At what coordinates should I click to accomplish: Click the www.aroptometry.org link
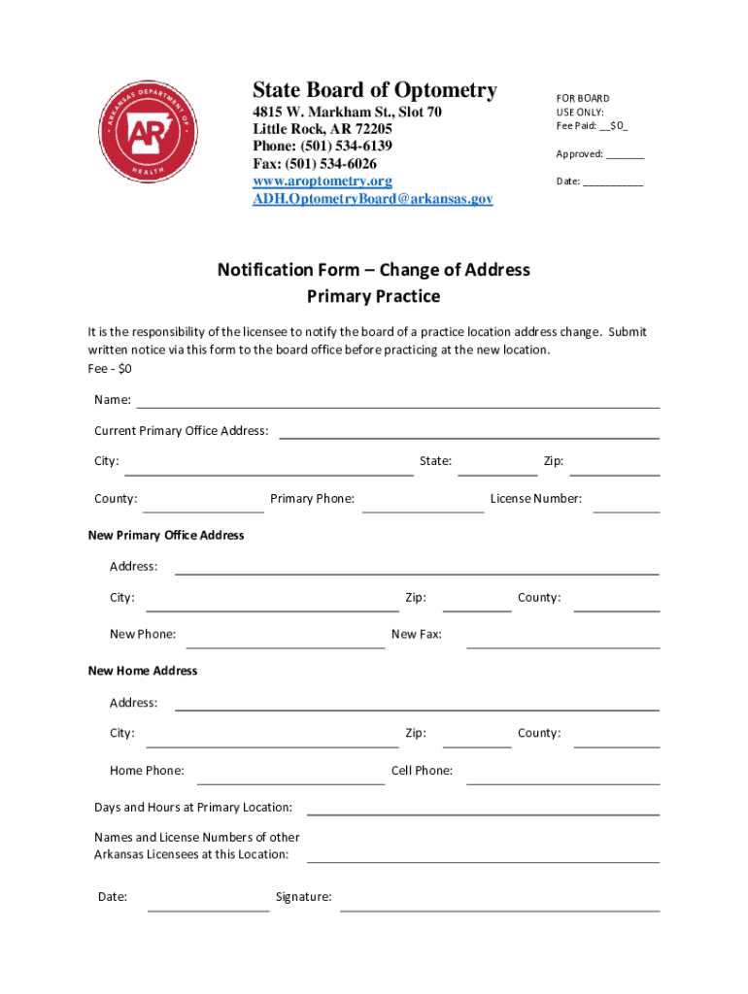click(323, 182)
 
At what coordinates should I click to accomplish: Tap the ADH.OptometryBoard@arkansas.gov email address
click(372, 199)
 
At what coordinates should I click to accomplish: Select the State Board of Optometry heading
click(374, 91)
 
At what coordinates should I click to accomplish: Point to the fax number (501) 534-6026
click(315, 164)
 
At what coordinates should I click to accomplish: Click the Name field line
click(397, 401)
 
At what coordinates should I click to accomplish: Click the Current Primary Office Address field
click(469, 432)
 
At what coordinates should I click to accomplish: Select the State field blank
click(496, 469)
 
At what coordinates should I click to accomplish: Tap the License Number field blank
click(626, 505)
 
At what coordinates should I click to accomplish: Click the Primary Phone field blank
click(423, 505)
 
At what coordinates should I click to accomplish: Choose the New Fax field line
click(562, 641)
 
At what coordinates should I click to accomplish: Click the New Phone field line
click(286, 641)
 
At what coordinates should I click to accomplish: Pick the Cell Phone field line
click(562, 777)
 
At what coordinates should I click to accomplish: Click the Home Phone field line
click(290, 777)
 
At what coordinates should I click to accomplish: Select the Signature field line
click(499, 905)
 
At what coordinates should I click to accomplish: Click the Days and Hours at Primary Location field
click(483, 809)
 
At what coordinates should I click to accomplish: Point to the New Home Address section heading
click(143, 671)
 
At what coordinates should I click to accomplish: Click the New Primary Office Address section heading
click(166, 535)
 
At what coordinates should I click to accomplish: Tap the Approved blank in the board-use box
click(627, 155)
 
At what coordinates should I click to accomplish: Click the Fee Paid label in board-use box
click(577, 126)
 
